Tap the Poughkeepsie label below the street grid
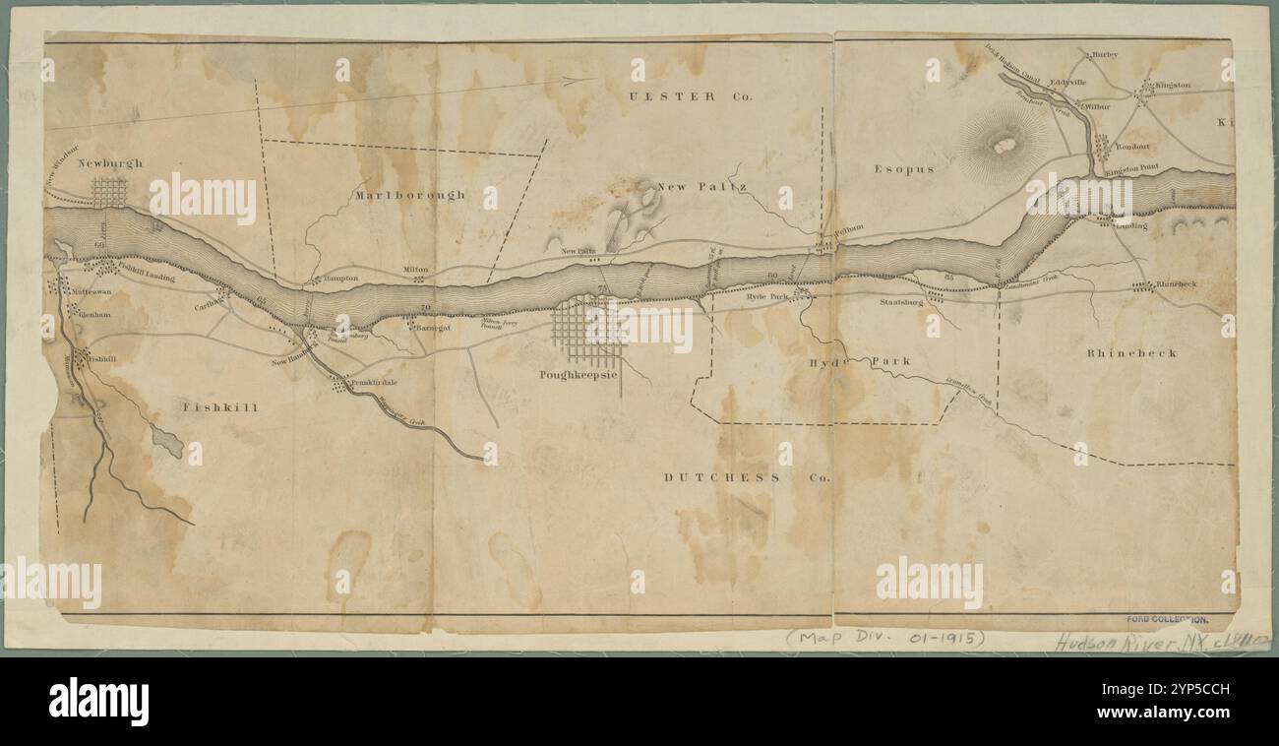click(x=578, y=375)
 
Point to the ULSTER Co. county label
click(x=690, y=96)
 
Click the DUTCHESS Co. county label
click(x=746, y=477)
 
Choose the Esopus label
click(x=903, y=169)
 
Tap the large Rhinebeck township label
click(x=1131, y=352)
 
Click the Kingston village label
click(x=1173, y=86)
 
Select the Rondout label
click(x=1133, y=146)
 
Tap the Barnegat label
click(x=433, y=328)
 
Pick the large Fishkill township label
click(x=219, y=406)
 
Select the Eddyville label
click(x=1067, y=83)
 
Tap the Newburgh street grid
click(x=109, y=191)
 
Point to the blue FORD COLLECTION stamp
click(x=1167, y=620)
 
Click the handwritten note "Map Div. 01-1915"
click(x=886, y=638)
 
